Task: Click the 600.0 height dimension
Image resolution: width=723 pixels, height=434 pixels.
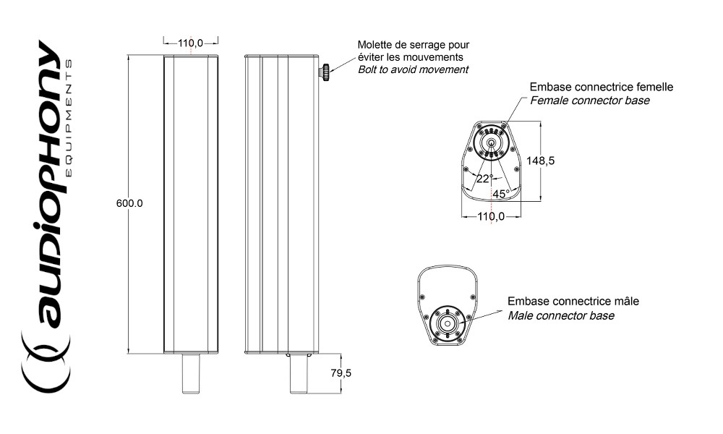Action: pos(129,203)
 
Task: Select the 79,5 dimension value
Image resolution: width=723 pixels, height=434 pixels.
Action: pos(341,373)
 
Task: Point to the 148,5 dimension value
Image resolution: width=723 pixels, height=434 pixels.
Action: pos(540,161)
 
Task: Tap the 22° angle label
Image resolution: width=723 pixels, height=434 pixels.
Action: pos(484,179)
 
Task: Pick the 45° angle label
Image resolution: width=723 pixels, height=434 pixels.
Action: pos(501,194)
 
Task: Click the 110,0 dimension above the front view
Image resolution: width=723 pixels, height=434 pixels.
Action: pos(190,43)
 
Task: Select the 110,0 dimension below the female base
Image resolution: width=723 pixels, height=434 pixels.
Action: pos(491,216)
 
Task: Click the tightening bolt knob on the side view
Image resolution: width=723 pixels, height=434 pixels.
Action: pos(325,73)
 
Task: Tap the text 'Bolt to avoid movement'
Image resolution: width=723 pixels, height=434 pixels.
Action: pos(413,69)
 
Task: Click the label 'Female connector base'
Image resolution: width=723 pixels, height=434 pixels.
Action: pos(590,101)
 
